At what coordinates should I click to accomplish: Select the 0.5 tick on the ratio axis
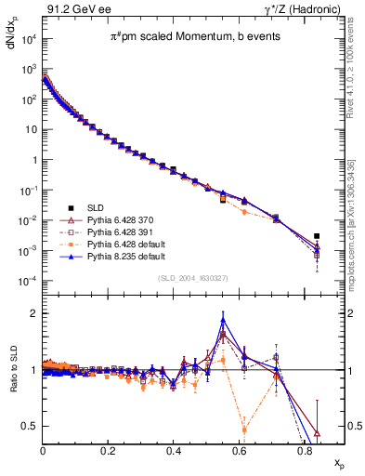33,427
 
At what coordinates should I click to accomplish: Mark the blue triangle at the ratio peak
223,321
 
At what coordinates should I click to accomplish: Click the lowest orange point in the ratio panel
244,430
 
